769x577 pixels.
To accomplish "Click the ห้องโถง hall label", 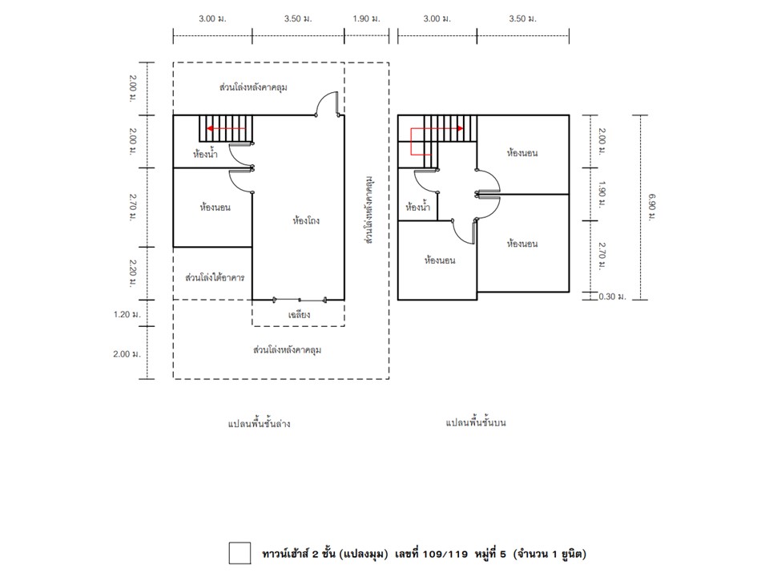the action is [305, 221].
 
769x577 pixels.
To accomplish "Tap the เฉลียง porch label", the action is [299, 314].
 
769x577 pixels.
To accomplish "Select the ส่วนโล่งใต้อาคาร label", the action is [215, 278].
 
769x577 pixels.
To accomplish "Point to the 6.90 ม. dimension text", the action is [652, 207].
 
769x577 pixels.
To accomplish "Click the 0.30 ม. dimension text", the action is [612, 297].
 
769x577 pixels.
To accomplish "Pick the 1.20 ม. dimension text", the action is [127, 314].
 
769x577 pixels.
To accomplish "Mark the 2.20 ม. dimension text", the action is [132, 273].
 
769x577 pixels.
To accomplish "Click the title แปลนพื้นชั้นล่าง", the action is [259, 423].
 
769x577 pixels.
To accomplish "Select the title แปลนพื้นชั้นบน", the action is [476, 422].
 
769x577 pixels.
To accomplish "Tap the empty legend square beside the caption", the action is [240, 554].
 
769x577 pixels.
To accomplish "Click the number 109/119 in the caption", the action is [445, 555].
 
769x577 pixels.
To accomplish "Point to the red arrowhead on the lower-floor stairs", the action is [210, 128].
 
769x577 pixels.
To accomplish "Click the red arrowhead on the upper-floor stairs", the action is [460, 128].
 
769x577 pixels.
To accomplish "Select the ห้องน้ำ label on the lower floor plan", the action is [205, 154].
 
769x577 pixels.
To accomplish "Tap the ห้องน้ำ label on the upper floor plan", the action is [417, 207].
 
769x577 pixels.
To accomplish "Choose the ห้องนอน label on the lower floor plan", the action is [215, 207].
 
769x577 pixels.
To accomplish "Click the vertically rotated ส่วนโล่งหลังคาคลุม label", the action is [369, 209].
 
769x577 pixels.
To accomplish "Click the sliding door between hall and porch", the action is [299, 299].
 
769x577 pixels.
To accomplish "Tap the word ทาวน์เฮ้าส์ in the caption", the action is [284, 555].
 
